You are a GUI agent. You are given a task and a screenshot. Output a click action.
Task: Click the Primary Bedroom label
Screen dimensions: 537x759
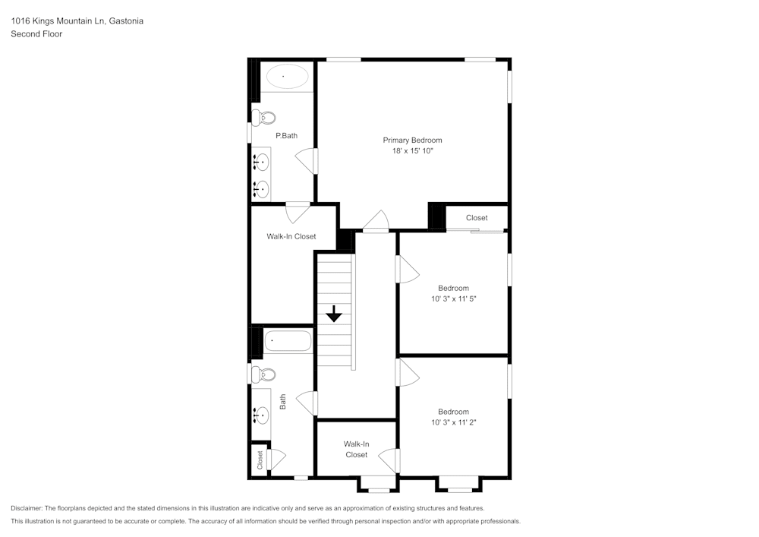tap(412, 140)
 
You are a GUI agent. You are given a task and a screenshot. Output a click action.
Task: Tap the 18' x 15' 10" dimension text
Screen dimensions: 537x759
tap(412, 151)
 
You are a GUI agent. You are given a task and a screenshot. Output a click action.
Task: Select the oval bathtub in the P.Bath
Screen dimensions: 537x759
tap(286, 77)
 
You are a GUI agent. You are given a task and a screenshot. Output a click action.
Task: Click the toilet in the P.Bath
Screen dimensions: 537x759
tap(265, 117)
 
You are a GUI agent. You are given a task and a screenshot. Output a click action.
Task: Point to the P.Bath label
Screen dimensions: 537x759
tap(285, 136)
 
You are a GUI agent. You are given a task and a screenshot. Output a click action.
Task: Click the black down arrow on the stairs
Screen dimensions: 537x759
tap(334, 314)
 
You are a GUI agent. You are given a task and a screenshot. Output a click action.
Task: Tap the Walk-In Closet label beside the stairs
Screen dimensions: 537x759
tap(291, 236)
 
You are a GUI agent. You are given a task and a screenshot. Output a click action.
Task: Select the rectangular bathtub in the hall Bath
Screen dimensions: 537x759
tap(287, 341)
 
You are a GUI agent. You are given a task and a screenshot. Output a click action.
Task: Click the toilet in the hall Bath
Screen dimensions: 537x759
tap(265, 374)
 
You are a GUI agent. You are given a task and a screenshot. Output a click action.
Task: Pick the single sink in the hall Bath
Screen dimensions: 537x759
tap(261, 414)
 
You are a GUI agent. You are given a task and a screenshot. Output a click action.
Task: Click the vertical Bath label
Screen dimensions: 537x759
tap(282, 401)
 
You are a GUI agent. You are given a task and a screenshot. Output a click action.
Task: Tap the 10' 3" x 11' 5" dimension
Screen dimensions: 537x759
tap(453, 299)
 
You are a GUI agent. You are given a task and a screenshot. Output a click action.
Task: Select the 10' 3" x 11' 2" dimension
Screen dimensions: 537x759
tap(453, 422)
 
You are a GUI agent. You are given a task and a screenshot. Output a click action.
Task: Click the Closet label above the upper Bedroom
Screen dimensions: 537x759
tap(477, 218)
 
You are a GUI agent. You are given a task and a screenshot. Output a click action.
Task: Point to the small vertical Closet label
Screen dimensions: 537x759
tap(260, 460)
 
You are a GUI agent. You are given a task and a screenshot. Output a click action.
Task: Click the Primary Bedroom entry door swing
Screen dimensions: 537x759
tap(375, 222)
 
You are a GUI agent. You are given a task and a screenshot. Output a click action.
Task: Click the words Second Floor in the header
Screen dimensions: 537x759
tap(36, 33)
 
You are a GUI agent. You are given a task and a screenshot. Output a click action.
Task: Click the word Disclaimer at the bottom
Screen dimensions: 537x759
tap(27, 508)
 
